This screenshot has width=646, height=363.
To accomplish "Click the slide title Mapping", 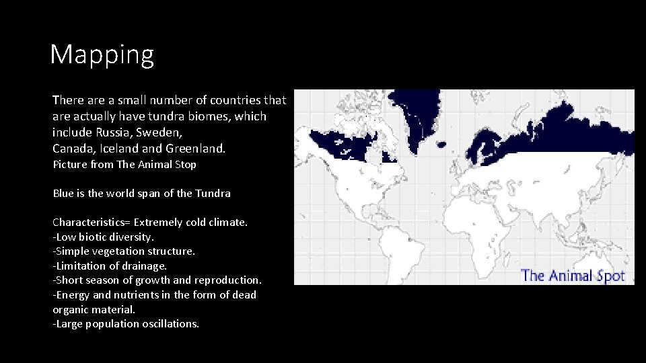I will point(102,54).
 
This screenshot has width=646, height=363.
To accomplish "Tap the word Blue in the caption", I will point(63,194).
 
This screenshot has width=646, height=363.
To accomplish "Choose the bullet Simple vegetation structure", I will point(125,251).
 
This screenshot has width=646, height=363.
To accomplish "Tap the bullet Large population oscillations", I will point(127,324).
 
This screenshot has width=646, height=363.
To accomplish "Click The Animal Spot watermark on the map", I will point(573,276).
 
